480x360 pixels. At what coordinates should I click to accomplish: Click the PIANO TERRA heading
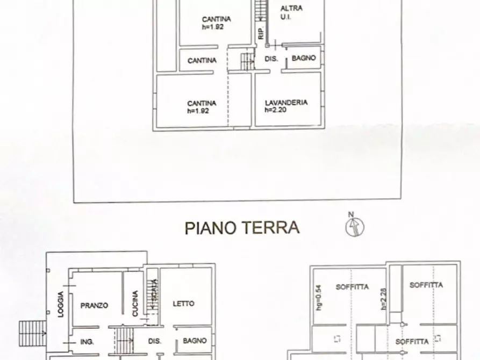[242, 227]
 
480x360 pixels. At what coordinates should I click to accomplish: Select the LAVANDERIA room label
[286, 102]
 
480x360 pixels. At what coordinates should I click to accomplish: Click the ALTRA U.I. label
[291, 12]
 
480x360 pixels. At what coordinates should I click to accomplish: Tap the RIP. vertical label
[260, 33]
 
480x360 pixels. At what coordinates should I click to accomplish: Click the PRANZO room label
[94, 305]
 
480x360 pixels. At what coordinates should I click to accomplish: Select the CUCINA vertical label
[135, 304]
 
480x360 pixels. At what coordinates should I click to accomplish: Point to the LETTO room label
[183, 304]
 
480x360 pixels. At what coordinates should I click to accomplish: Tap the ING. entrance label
[87, 341]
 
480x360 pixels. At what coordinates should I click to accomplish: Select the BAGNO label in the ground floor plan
[195, 340]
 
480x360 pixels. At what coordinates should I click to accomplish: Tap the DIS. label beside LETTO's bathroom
[155, 341]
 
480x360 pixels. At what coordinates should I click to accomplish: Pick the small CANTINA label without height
[202, 60]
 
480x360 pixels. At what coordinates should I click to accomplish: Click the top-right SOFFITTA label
[426, 285]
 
